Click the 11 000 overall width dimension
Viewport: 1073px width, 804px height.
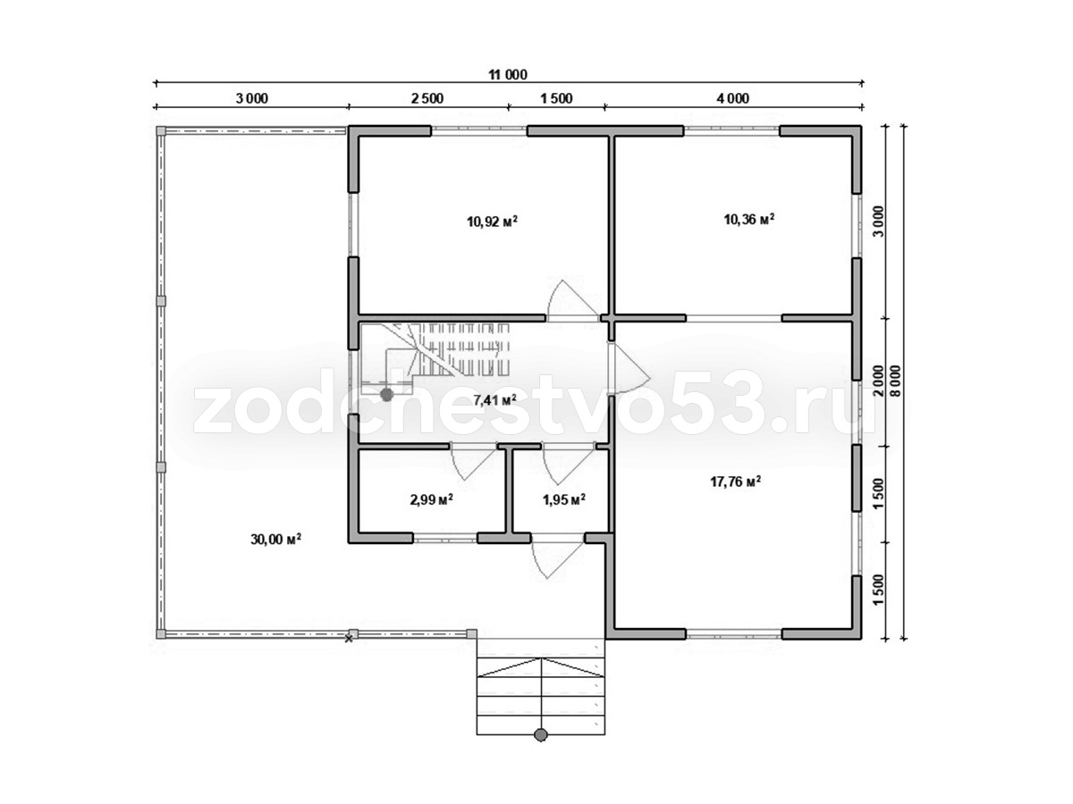click(508, 75)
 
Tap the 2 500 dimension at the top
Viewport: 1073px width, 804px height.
click(427, 98)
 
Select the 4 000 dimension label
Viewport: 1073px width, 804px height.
click(732, 98)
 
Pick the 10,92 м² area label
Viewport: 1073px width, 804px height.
click(493, 222)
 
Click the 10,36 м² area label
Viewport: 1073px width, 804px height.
click(749, 219)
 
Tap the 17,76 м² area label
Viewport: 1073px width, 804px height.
click(735, 482)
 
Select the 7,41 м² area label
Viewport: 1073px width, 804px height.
click(494, 400)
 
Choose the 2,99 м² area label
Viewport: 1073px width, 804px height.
click(431, 499)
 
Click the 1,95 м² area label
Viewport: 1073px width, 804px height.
click(564, 499)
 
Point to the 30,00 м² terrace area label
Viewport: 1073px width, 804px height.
click(275, 539)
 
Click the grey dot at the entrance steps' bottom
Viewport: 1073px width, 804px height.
click(540, 749)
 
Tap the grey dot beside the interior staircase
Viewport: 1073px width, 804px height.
click(386, 395)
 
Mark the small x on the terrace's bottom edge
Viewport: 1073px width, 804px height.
click(349, 639)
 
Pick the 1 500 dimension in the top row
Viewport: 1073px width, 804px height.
click(556, 98)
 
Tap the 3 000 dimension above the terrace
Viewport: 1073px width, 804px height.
click(252, 98)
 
